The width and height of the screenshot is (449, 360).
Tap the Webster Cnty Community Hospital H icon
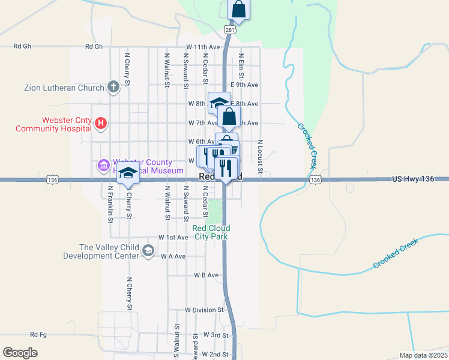pos(101,124)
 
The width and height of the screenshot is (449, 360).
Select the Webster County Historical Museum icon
pos(102,165)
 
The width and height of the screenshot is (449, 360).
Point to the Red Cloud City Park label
pos(211,232)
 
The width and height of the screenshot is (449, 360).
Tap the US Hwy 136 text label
pos(412,179)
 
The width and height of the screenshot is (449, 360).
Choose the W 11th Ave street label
pos(205,47)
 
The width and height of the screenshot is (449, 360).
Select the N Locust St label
pos(261,158)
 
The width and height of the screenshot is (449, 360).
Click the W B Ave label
pos(206,275)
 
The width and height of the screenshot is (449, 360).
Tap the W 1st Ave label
pos(173,238)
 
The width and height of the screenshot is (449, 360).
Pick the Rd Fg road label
pos(38,335)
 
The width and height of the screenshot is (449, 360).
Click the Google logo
pos(20,353)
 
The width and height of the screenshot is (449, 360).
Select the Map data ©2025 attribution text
pos(423,355)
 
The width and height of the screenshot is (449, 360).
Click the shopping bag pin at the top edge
pos(238,10)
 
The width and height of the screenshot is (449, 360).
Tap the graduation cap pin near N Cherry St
pos(128,174)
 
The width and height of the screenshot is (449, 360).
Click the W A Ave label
pos(173,256)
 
